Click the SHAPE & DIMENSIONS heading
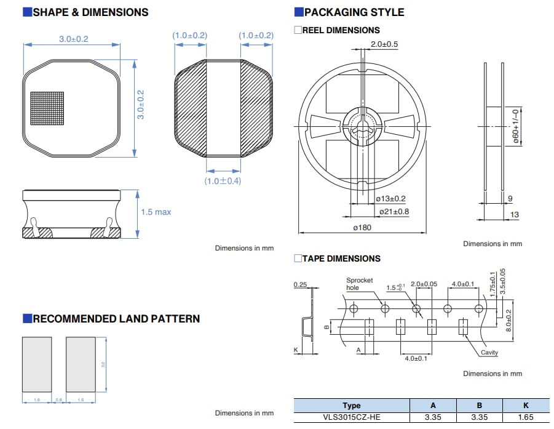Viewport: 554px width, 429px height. (90, 12)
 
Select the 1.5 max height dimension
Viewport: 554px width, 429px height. (156, 212)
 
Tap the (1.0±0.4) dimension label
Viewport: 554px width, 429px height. (223, 181)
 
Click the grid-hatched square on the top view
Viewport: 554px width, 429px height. (47, 108)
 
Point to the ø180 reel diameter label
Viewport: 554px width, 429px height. (362, 227)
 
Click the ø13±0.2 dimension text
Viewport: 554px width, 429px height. (390, 199)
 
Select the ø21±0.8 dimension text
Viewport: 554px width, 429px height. (394, 212)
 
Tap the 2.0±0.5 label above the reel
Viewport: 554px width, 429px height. (384, 44)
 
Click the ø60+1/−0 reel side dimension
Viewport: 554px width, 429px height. (516, 126)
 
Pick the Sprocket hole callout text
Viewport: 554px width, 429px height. (359, 284)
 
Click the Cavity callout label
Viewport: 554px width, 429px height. (489, 353)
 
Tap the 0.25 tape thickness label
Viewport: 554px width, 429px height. (301, 284)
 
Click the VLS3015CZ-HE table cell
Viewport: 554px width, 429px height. (351, 418)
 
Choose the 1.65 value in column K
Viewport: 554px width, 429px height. (525, 418)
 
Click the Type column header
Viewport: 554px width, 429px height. (351, 406)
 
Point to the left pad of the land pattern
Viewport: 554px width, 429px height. (37, 364)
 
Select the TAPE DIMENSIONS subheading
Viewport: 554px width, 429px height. (341, 259)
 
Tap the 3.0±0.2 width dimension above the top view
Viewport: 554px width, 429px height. (73, 39)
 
